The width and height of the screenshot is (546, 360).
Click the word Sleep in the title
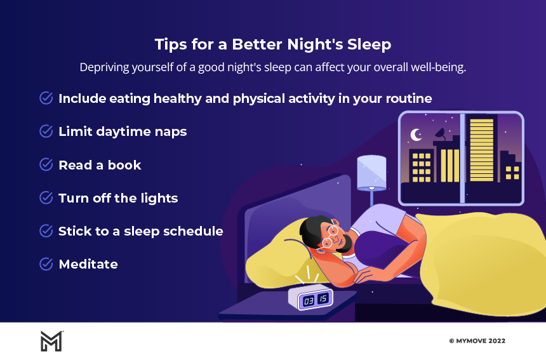click(x=369, y=45)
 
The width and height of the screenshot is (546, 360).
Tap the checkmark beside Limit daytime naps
click(x=46, y=131)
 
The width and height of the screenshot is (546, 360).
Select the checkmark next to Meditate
click(x=46, y=264)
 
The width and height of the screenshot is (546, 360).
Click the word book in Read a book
click(x=124, y=165)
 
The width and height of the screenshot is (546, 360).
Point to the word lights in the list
click(x=159, y=199)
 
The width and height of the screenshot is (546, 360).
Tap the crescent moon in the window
click(x=415, y=135)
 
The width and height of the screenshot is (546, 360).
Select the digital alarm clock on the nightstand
click(x=310, y=297)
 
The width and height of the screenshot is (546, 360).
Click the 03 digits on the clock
click(x=309, y=301)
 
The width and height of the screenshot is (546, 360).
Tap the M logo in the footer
click(x=52, y=341)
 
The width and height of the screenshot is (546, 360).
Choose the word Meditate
click(x=88, y=264)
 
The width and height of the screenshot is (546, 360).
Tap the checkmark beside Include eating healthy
click(x=46, y=98)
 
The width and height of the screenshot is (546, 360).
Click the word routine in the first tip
click(x=409, y=98)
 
